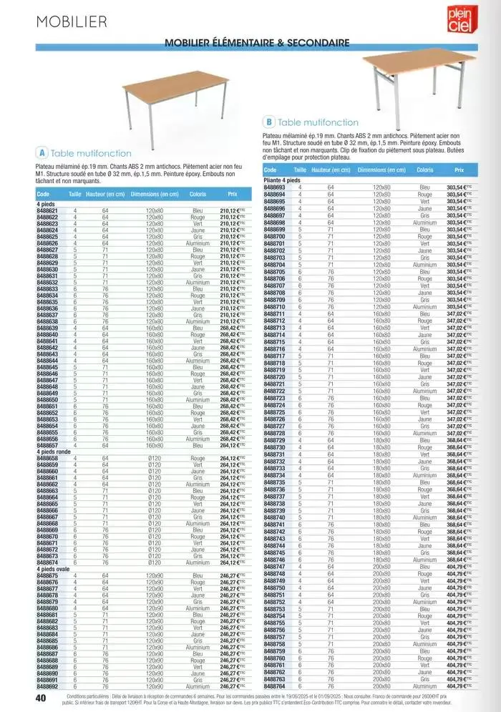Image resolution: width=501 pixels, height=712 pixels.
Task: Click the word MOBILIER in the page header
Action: pos(72,21)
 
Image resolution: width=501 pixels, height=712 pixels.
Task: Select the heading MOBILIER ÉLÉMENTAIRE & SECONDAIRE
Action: pos(257,43)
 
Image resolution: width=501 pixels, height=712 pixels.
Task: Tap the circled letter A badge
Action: pos(42,152)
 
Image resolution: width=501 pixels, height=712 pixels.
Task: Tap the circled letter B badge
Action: pos(269,122)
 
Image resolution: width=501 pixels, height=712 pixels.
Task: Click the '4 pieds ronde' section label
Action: pos(54,451)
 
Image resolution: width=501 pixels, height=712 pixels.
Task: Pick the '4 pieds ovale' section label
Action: pos(54,569)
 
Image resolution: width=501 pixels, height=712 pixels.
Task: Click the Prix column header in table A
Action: pos(233,194)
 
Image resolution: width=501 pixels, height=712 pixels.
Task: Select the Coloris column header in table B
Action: pos(424,170)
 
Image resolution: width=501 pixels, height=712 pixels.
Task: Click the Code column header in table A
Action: pos(43,194)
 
